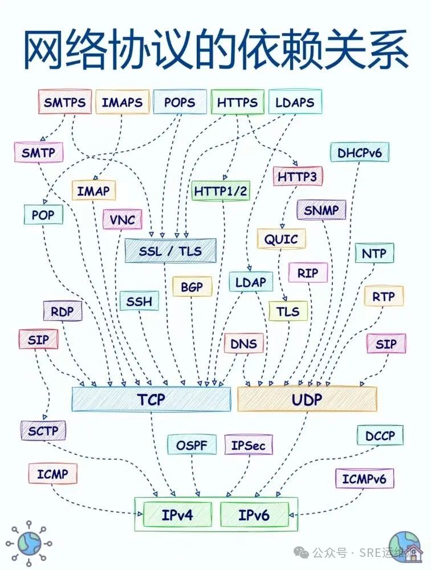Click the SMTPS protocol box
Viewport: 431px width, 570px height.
point(64,103)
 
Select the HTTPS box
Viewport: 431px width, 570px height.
point(237,103)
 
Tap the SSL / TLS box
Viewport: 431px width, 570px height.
point(170,251)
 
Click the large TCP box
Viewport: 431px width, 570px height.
point(151,399)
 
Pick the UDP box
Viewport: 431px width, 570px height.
point(307,399)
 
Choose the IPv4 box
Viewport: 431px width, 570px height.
point(177,515)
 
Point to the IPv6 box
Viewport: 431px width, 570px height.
point(254,515)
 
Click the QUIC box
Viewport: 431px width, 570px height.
point(281,239)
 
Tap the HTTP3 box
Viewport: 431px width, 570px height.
point(297,177)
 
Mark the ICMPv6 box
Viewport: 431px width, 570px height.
point(364,479)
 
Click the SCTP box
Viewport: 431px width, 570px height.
point(43,431)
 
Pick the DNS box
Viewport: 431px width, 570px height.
point(244,344)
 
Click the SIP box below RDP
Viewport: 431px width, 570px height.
point(39,340)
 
